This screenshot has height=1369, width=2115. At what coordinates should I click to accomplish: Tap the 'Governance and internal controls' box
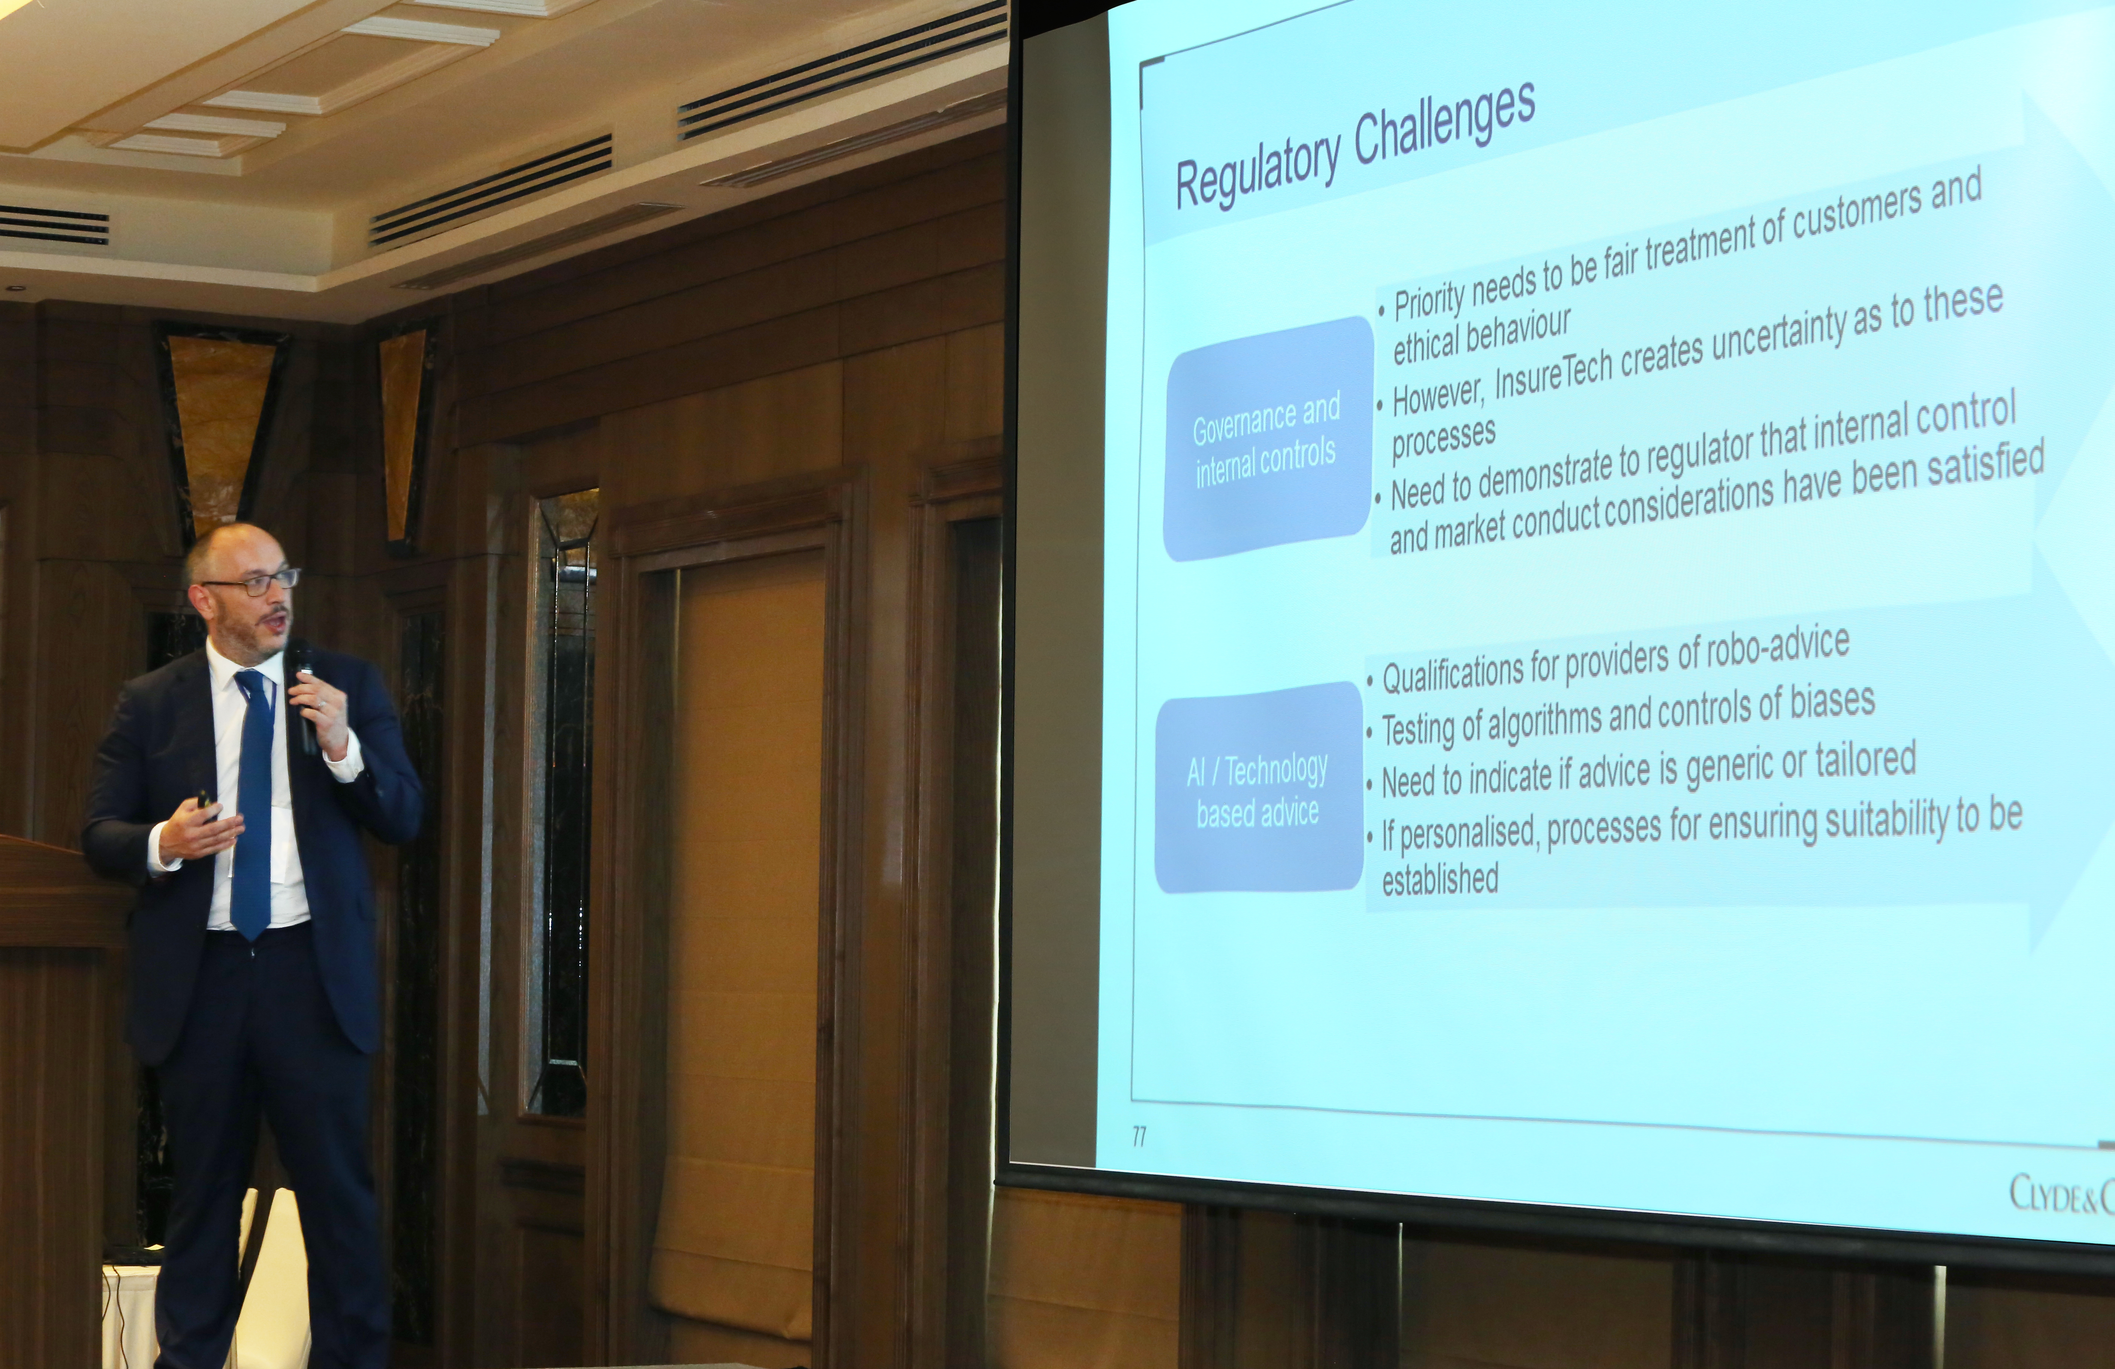tap(1268, 439)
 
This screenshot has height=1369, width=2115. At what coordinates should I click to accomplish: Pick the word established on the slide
tap(1440, 879)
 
